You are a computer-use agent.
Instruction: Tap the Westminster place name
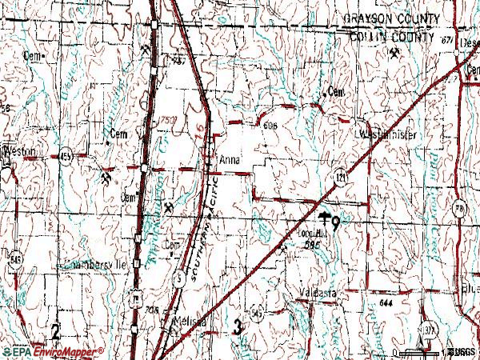coord(389,135)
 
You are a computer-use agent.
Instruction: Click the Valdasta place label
coord(318,292)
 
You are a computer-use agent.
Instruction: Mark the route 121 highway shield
coord(342,174)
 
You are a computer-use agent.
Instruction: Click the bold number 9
coord(336,223)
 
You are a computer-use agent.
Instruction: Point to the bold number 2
coord(55,330)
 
